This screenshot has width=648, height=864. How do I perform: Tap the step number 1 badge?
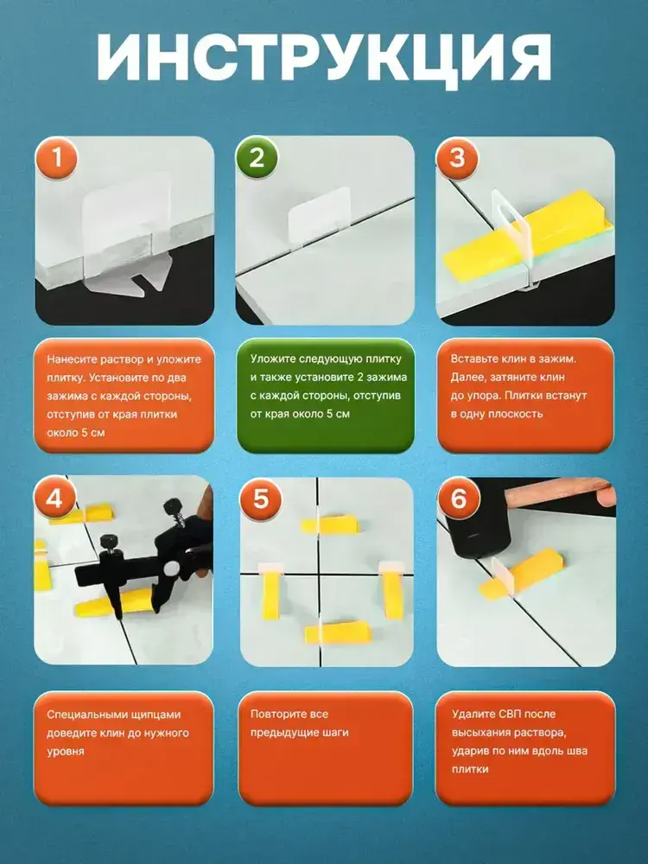click(57, 159)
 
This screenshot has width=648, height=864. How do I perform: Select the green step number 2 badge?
click(257, 159)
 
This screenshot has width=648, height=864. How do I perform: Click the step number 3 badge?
click(457, 159)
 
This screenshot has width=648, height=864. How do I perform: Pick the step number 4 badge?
click(54, 499)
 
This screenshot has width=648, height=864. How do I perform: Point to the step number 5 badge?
click(260, 499)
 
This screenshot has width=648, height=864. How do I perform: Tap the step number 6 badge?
click(459, 499)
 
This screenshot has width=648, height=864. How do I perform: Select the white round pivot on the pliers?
click(170, 569)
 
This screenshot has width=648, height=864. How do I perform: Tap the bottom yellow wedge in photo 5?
click(337, 632)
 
